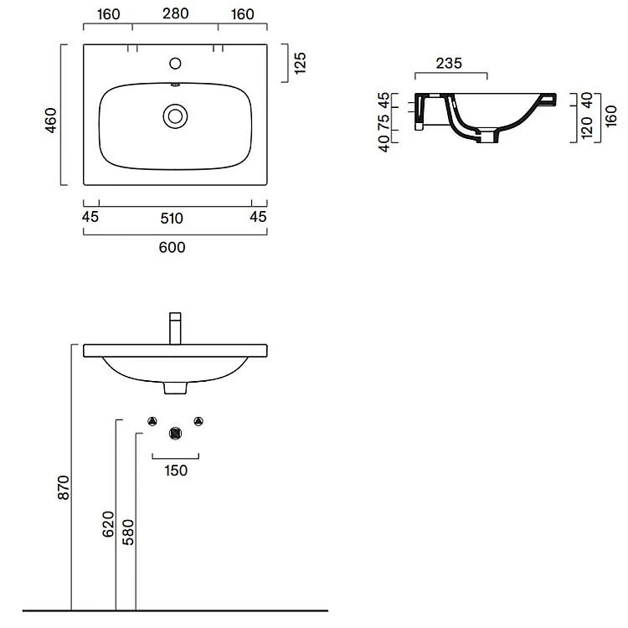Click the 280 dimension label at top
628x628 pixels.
(176, 13)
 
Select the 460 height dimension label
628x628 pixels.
(51, 120)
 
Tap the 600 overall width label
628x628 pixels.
(172, 248)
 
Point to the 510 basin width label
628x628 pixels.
(172, 219)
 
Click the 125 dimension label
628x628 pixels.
(300, 63)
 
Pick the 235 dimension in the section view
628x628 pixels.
(449, 64)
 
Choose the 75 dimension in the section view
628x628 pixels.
(383, 121)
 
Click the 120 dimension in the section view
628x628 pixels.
(587, 128)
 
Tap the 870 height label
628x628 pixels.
(64, 487)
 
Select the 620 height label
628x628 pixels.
(108, 524)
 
